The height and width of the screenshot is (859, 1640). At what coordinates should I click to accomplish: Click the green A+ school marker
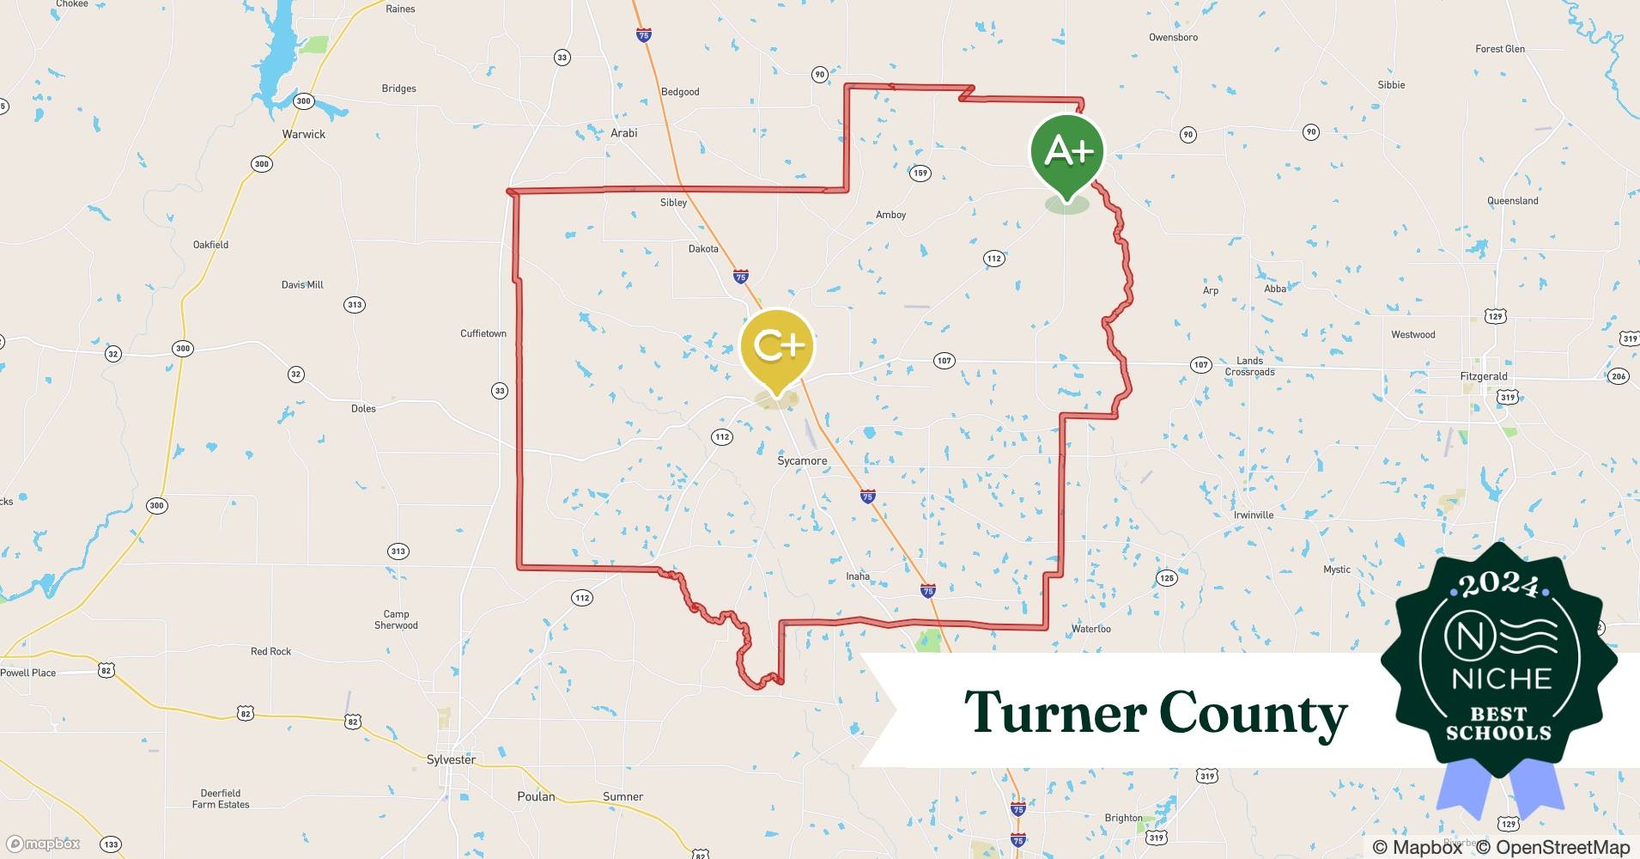[1066, 152]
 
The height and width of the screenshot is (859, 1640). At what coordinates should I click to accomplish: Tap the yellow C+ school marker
[777, 346]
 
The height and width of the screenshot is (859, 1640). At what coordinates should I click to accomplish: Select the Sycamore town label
[802, 461]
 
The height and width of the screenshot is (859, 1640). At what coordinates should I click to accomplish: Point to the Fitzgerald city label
[1483, 376]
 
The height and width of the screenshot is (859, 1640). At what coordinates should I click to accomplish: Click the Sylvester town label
[451, 759]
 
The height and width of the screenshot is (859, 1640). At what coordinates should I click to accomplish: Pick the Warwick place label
[304, 134]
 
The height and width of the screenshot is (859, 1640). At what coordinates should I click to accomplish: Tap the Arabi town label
[623, 133]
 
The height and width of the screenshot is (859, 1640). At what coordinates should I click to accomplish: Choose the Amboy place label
[890, 215]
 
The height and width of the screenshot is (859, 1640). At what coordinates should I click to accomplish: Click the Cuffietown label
[483, 333]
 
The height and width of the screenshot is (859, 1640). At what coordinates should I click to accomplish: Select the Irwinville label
[1253, 515]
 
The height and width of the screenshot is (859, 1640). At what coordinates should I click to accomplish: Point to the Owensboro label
[1173, 38]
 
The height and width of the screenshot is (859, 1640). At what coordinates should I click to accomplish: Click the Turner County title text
[1155, 713]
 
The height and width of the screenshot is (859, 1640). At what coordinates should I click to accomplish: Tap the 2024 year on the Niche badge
[1498, 585]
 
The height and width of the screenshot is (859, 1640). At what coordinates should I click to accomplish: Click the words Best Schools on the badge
[1498, 723]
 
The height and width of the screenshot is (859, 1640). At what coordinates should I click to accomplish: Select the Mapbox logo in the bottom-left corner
[44, 844]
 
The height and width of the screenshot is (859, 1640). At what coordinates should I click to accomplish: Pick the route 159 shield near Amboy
[920, 174]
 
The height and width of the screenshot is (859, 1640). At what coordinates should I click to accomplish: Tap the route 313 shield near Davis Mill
[354, 305]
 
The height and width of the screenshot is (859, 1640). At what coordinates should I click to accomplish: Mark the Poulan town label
[536, 796]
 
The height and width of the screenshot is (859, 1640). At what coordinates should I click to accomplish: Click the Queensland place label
[1512, 201]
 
